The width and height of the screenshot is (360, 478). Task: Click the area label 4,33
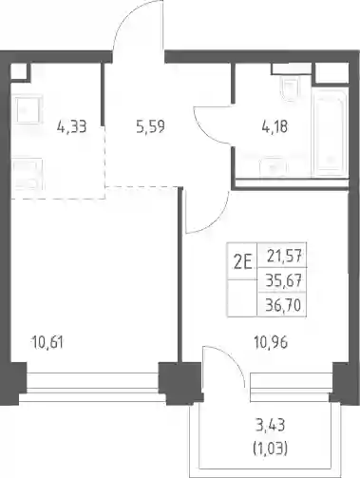tap(72, 127)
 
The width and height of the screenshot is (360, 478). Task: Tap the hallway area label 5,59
tap(150, 127)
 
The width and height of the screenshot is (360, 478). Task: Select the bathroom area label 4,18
tap(275, 127)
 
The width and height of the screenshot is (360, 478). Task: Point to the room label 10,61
tap(47, 343)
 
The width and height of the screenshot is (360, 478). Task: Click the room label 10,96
tap(271, 343)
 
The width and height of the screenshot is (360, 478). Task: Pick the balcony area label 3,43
tap(270, 425)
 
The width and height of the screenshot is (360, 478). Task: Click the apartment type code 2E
tap(242, 262)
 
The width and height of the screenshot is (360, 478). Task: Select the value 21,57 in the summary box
tap(284, 256)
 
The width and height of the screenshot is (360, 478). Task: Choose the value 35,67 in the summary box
tap(283, 280)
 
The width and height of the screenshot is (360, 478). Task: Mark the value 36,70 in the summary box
tap(283, 305)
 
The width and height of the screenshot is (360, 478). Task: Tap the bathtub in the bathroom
tap(329, 134)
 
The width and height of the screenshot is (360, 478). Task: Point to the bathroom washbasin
tap(273, 166)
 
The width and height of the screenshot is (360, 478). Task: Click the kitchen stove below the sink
tap(28, 174)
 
